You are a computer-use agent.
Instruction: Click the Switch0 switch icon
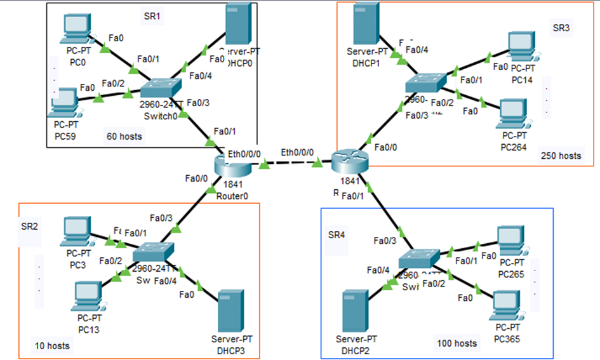pos(161,89)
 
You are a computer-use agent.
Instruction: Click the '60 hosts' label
pos(124,136)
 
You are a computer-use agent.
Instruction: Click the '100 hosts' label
pos(457,343)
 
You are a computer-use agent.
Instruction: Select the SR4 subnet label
pos(338,235)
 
